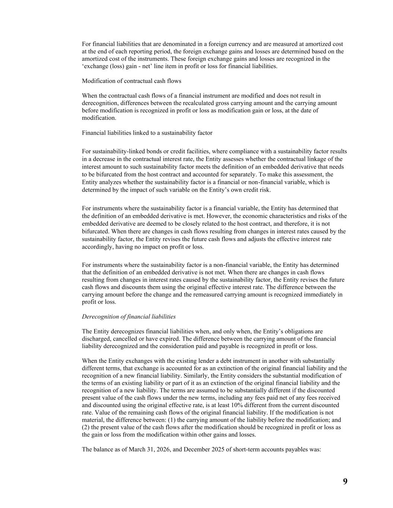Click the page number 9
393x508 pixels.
(345, 482)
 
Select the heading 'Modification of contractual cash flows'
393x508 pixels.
(131, 81)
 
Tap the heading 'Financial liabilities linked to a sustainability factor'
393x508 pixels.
(147, 133)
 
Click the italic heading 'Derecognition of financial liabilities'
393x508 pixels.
(129, 317)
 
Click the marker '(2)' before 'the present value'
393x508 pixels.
(86, 427)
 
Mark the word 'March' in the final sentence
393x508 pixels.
(136, 449)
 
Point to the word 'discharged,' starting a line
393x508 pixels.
(96, 339)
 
